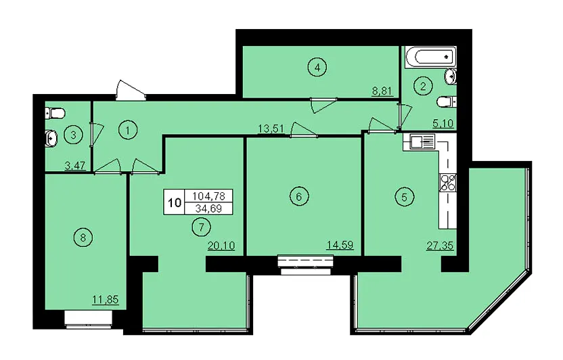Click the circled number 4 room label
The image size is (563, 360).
[317, 67]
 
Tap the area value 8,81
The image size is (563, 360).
[382, 91]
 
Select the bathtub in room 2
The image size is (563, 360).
[430, 57]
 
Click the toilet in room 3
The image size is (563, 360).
[55, 114]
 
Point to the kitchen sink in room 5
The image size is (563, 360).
[419, 141]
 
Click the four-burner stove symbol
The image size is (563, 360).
[447, 182]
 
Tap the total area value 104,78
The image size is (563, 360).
[208, 196]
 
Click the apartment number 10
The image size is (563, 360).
[175, 203]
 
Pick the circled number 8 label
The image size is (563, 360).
[83, 238]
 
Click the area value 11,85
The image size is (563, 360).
[105, 300]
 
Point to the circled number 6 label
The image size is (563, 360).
[299, 196]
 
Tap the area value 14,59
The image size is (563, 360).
[340, 245]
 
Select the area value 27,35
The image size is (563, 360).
[440, 246]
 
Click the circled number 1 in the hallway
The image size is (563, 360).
[127, 131]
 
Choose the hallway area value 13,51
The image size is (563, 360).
[271, 129]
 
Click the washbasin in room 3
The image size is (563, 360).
[51, 139]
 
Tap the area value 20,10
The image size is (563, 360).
[221, 246]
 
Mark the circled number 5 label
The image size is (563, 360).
[404, 197]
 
